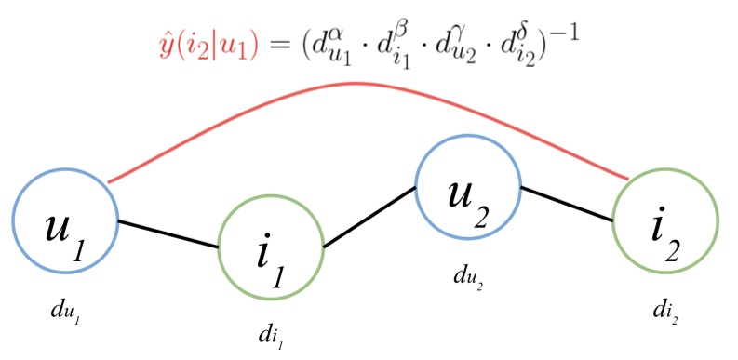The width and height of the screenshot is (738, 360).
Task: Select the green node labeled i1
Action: (x=270, y=246)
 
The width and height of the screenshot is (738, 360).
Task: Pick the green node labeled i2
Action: (x=665, y=223)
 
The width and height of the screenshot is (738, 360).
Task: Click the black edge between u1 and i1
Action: (x=168, y=233)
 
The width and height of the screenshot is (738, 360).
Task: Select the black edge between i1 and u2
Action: (x=369, y=218)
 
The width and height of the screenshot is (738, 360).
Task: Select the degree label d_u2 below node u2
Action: (x=466, y=279)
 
